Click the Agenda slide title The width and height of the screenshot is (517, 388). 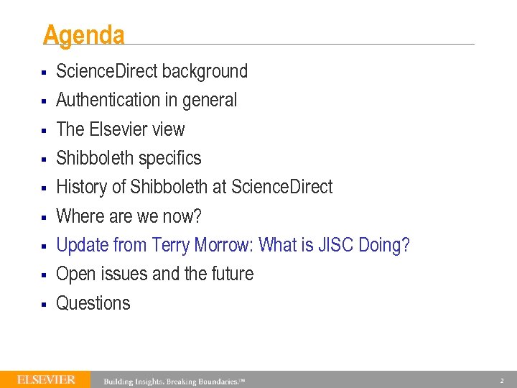[83, 35]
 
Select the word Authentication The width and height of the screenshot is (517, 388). [108, 100]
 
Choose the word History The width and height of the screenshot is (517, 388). [82, 187]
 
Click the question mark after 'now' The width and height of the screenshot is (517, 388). [198, 216]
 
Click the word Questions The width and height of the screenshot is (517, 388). [93, 303]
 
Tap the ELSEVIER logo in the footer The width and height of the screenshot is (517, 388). [46, 379]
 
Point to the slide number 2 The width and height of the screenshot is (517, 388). [502, 380]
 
